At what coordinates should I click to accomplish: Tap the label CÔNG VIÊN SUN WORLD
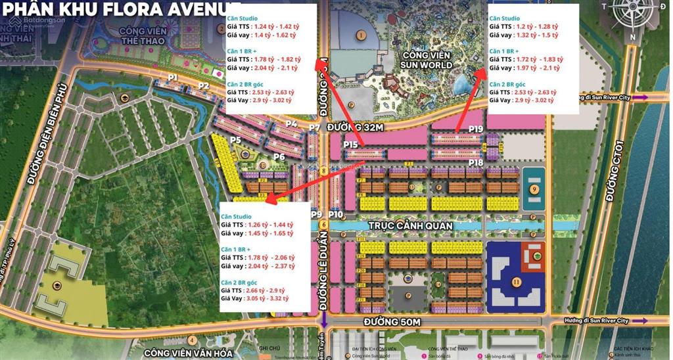[x=427, y=60]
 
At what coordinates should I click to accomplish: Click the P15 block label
[x=350, y=145]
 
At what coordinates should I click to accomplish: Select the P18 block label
[x=476, y=162]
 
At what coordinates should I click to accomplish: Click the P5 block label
[x=236, y=140]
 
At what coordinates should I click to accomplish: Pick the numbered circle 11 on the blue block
[x=517, y=282]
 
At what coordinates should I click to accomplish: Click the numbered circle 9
[x=534, y=189]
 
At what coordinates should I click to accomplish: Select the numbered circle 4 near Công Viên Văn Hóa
[x=191, y=340]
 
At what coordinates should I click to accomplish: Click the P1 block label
[x=173, y=78]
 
